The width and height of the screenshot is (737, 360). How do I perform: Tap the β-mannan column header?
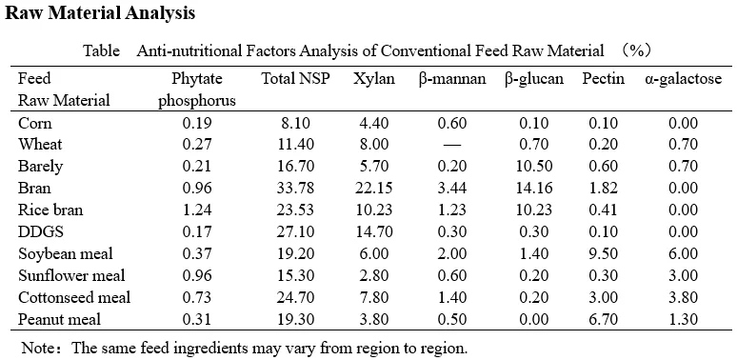point(451,79)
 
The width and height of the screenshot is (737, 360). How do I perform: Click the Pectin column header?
point(603,79)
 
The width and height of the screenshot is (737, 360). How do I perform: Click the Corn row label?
point(35,124)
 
